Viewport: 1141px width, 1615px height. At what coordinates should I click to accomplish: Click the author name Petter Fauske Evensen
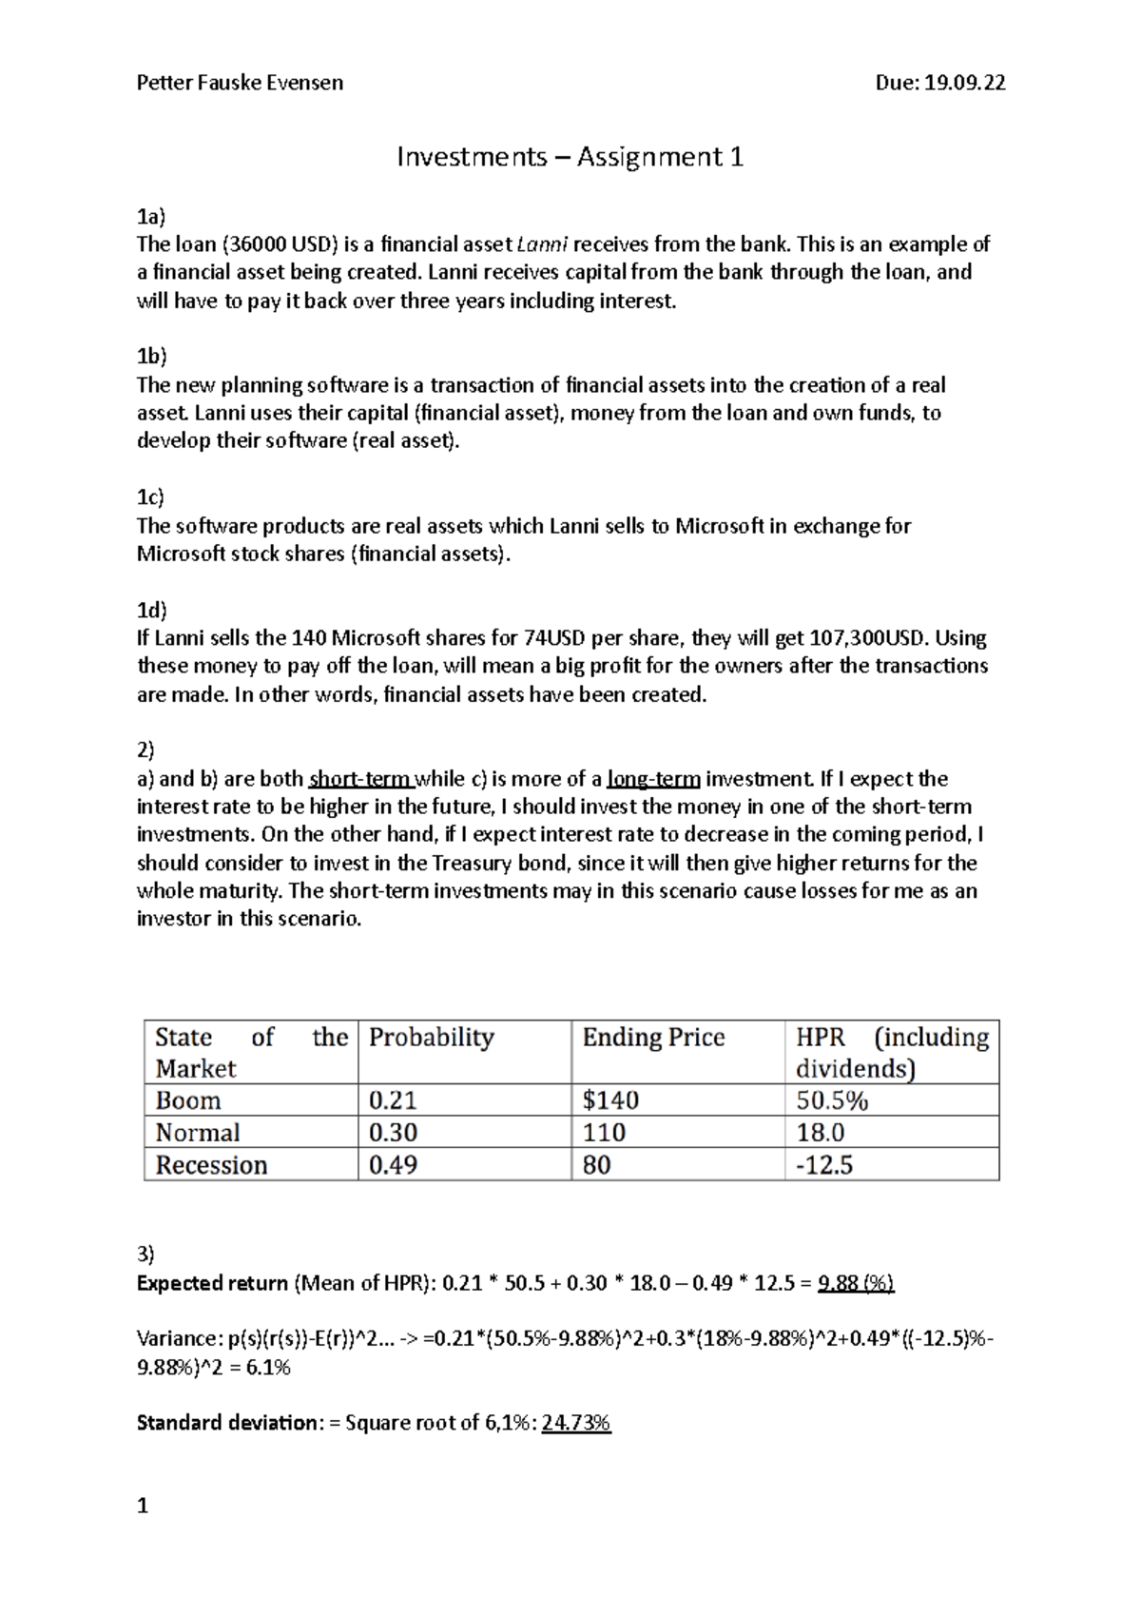(240, 83)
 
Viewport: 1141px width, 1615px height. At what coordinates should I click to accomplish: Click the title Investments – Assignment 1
(570, 156)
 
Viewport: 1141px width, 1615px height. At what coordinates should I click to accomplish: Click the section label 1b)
(151, 356)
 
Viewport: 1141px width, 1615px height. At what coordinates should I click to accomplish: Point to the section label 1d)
(151, 610)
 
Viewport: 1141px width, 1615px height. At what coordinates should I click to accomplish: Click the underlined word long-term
(653, 779)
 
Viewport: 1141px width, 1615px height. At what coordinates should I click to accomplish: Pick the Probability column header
(431, 1037)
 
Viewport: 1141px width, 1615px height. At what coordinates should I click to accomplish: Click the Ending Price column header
(653, 1037)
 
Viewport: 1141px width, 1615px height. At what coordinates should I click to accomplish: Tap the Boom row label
(188, 1100)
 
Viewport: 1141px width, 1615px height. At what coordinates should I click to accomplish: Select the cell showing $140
(610, 1100)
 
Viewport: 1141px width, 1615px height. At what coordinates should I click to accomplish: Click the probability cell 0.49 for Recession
(393, 1165)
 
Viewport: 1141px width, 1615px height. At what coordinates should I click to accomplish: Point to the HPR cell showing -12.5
(824, 1165)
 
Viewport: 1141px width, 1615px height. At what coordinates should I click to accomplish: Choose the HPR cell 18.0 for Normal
(821, 1133)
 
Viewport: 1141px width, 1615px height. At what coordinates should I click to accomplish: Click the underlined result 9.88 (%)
(856, 1283)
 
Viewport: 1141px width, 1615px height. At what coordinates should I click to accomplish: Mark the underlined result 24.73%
(576, 1423)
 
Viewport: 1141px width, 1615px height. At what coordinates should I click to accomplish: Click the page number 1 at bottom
(143, 1506)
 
